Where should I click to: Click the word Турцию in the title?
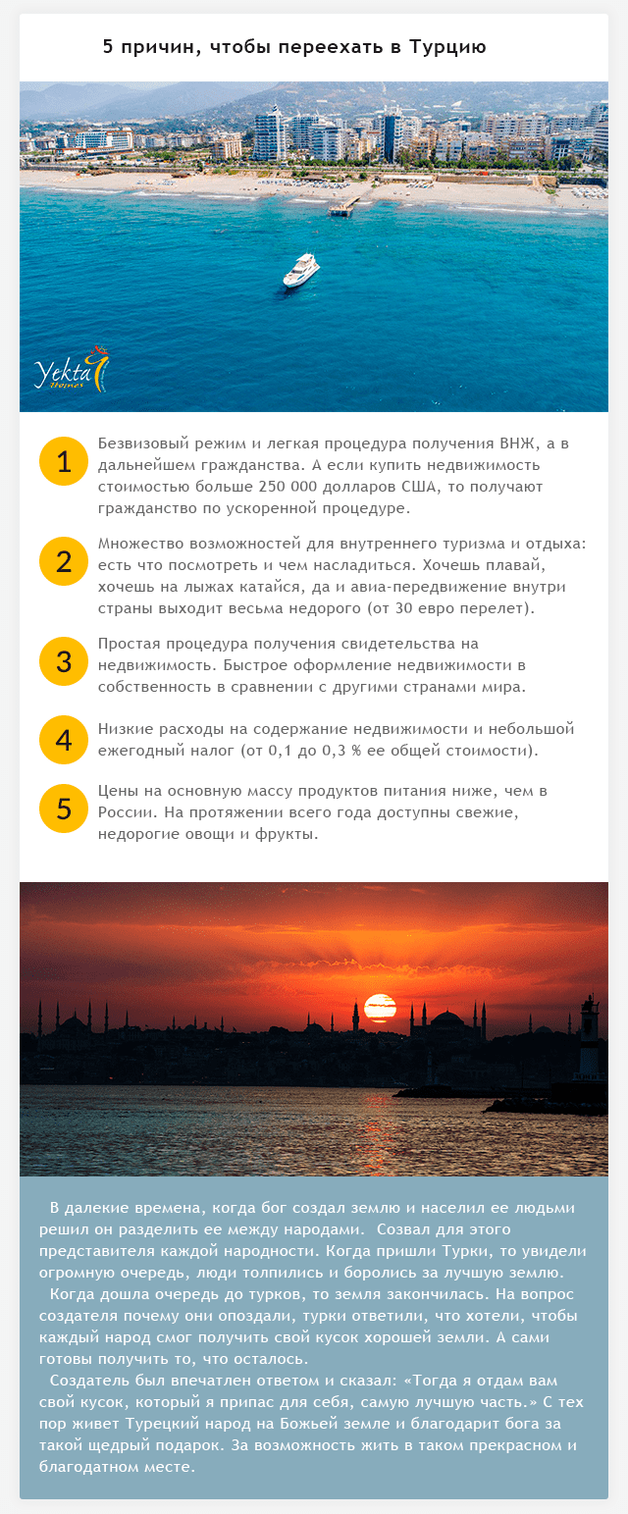click(447, 47)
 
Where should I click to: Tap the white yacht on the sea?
click(301, 270)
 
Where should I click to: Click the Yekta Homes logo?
click(71, 370)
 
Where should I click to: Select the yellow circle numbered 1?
click(65, 461)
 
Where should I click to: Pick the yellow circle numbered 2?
click(65, 561)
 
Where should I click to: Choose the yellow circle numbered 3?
click(65, 661)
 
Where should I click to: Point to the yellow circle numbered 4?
click(65, 740)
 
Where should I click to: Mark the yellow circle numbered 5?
click(65, 809)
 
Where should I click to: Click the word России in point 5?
click(123, 812)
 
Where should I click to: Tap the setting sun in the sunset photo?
click(380, 1008)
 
